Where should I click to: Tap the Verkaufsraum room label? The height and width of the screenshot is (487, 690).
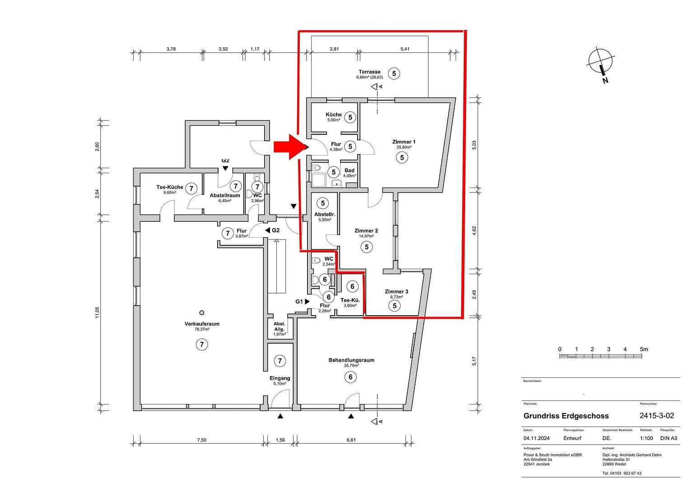[201, 324]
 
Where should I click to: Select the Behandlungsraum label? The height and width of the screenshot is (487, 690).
[351, 360]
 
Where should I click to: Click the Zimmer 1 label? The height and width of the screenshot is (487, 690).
[404, 142]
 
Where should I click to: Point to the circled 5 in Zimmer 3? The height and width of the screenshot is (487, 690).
[394, 306]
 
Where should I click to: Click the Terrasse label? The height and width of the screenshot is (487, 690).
[369, 72]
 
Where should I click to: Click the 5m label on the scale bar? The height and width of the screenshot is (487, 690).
[643, 349]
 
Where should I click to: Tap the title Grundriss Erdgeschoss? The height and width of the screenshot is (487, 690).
[566, 416]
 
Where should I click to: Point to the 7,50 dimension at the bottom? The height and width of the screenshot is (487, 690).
[201, 440]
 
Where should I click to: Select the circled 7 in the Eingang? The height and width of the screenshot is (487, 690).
[280, 361]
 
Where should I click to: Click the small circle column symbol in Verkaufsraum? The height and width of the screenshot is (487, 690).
[201, 312]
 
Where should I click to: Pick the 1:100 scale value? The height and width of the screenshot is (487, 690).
[647, 438]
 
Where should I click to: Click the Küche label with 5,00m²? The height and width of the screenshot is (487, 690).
[334, 115]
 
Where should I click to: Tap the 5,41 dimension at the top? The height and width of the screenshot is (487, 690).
[405, 49]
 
